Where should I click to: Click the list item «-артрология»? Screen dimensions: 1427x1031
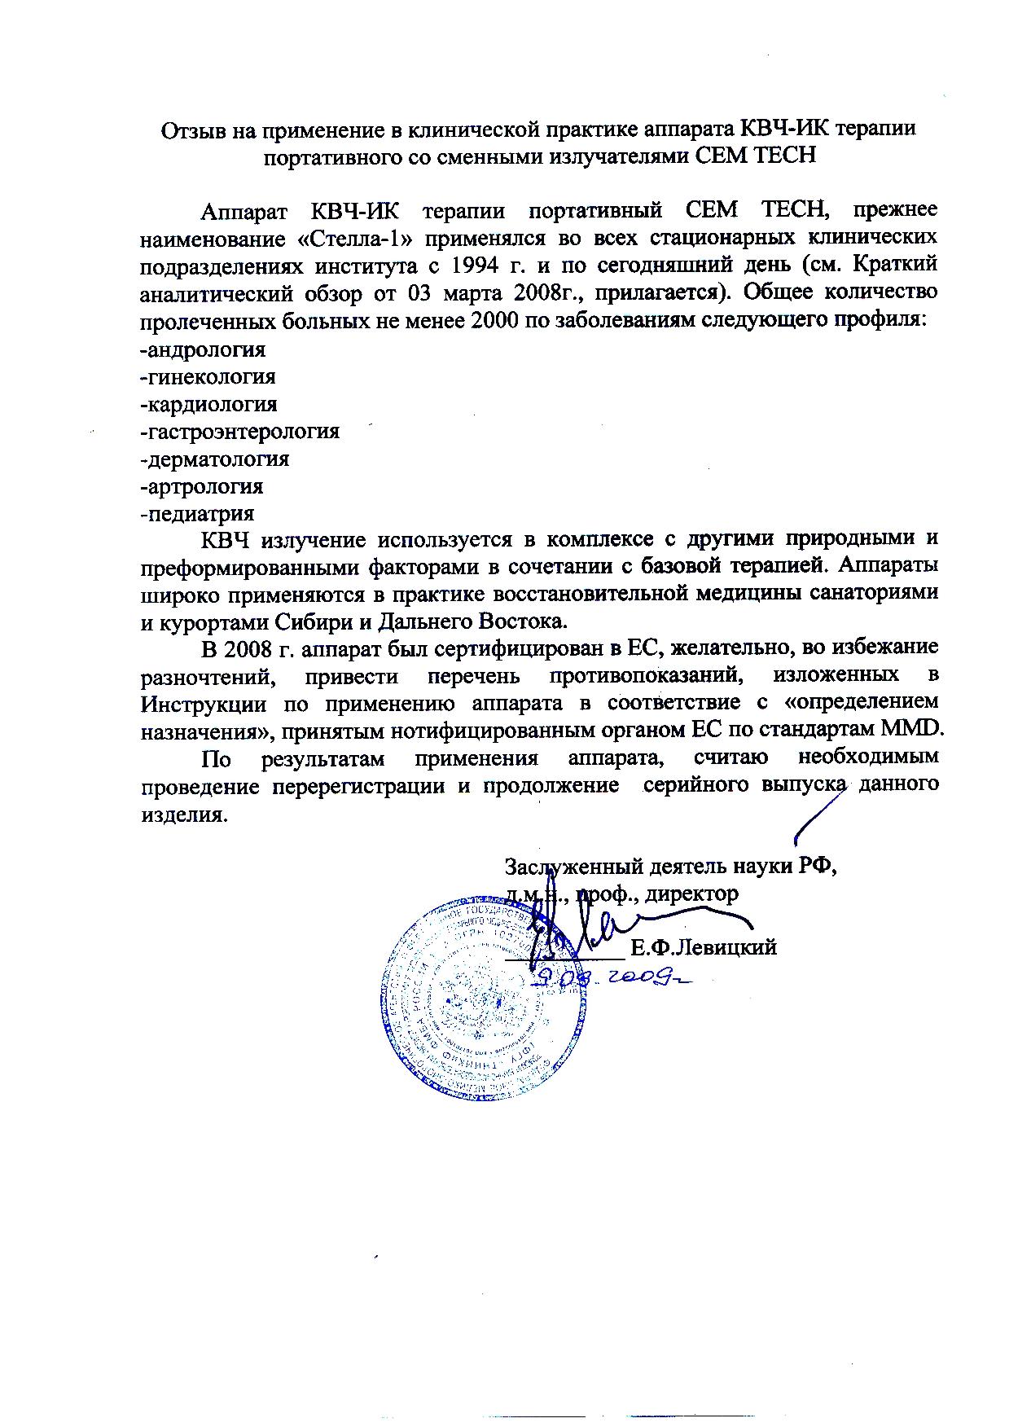point(201,487)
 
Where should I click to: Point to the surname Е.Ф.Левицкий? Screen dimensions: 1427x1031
point(704,948)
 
